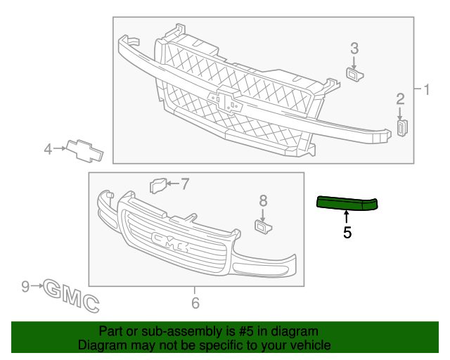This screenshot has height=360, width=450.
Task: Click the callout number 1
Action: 427,89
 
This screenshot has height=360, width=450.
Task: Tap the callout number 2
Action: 400,98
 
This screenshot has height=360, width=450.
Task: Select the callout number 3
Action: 354,49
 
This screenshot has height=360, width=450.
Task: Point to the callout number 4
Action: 48,149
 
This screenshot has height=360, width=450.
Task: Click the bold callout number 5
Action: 347,232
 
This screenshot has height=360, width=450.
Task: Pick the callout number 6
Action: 195,303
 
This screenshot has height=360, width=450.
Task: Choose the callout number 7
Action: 185,184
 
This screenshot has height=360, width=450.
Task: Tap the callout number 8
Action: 263,200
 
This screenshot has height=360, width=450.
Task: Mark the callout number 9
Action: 25,286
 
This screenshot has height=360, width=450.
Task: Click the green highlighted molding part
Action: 347,203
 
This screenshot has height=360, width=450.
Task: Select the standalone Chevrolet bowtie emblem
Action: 84,151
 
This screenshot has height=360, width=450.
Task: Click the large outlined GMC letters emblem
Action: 71,296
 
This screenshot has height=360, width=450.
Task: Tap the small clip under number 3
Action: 354,73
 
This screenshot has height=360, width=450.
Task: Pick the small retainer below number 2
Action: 402,127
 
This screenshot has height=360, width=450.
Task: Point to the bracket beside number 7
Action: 158,186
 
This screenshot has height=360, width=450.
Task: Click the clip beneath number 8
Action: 263,226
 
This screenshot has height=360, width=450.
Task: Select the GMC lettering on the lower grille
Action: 170,242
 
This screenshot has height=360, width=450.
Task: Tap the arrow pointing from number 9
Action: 37,286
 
